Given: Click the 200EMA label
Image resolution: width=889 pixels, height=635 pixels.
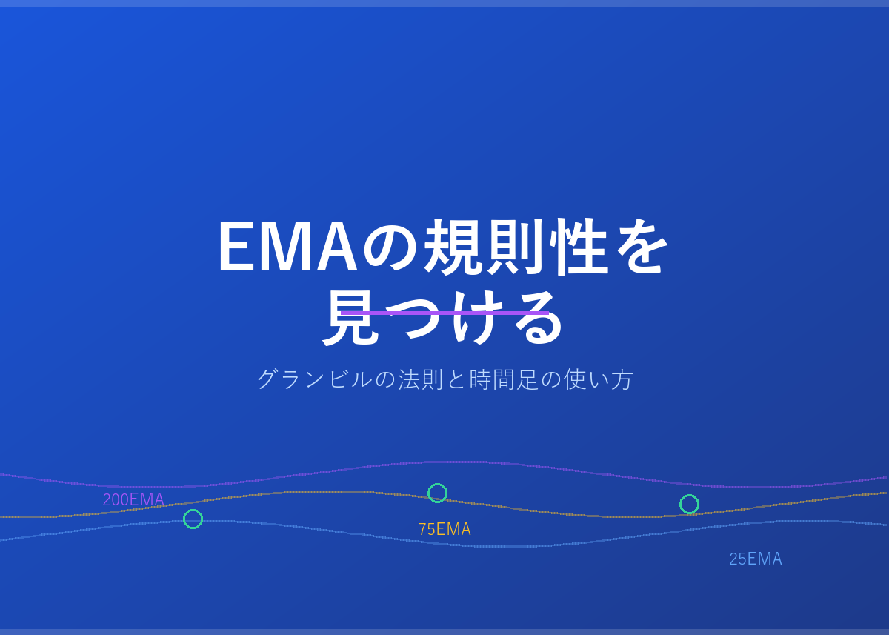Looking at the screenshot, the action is (133, 499).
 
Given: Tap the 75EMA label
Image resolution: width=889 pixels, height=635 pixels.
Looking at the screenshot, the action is (444, 529).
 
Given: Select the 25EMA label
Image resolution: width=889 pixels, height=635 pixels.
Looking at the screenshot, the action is (756, 559).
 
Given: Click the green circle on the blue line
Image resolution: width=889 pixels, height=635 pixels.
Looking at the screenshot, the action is (193, 510).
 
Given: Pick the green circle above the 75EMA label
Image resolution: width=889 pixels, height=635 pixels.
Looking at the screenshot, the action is (437, 484).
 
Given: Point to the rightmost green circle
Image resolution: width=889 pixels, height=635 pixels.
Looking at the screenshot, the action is (690, 495).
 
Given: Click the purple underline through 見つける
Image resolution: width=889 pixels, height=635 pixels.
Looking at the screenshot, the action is (444, 313).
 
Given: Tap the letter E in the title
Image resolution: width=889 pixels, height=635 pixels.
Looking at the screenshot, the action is (236, 246).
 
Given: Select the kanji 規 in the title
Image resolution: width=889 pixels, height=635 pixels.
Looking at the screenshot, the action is (453, 247).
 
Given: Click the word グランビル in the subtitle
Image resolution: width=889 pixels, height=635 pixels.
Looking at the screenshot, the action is (315, 379).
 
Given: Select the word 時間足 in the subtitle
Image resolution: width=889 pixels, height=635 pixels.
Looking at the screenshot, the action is (504, 379).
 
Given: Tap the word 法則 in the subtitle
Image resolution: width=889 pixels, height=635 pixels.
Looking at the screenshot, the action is (421, 379).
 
